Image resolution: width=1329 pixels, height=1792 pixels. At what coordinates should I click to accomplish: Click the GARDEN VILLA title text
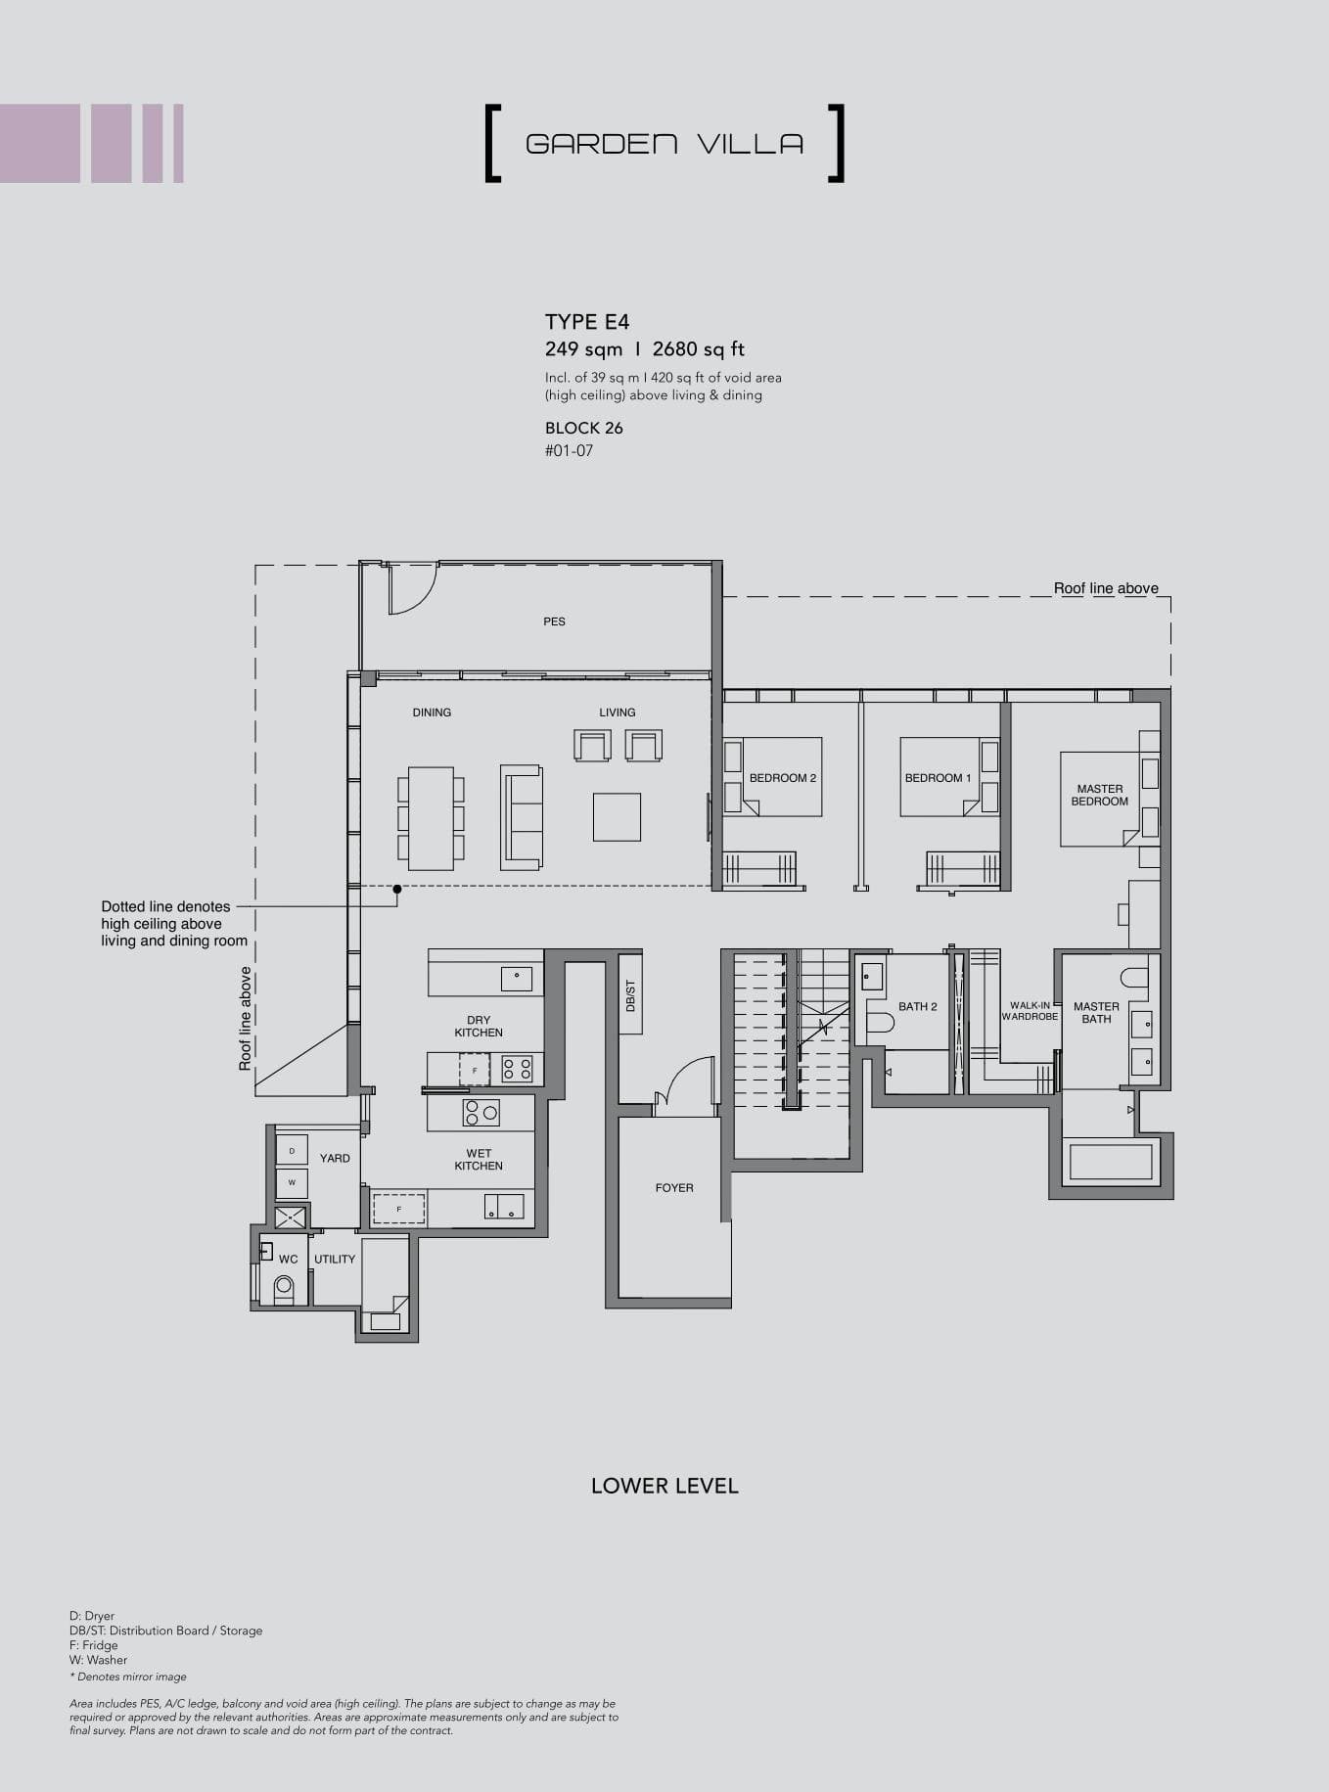(x=664, y=144)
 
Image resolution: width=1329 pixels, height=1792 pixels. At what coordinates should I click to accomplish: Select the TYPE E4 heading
(x=587, y=322)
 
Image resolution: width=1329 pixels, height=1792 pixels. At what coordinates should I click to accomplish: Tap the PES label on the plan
(x=554, y=621)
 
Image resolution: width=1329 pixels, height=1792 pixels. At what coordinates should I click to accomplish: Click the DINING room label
(x=432, y=712)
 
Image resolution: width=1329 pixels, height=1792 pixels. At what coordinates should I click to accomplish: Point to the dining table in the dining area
(x=431, y=818)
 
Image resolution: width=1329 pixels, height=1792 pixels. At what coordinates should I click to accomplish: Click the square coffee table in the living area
(x=617, y=817)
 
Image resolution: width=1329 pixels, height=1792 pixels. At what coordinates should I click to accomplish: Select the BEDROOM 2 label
(x=782, y=778)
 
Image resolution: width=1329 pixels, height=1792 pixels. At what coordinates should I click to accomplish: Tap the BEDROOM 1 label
(x=938, y=778)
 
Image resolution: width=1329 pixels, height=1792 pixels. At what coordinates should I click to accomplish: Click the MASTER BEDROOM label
(x=1099, y=795)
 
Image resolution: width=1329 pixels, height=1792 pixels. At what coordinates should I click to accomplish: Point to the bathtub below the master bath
(x=1111, y=1162)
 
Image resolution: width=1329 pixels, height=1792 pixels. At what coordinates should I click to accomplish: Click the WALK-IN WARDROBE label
(x=1030, y=1011)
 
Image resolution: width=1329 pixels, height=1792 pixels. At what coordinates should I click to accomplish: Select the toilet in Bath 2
(x=880, y=1023)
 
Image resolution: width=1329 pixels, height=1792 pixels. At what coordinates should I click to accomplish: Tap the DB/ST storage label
(x=631, y=995)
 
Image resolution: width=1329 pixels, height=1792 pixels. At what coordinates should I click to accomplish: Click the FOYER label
(x=674, y=1188)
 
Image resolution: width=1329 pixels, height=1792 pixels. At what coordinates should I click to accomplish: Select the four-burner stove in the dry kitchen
(x=517, y=1069)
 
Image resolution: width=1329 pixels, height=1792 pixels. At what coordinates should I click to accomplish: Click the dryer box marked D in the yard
(x=292, y=1150)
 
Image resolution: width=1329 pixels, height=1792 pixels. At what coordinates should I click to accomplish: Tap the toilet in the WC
(x=284, y=1287)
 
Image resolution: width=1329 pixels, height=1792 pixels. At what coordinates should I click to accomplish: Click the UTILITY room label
(x=335, y=1260)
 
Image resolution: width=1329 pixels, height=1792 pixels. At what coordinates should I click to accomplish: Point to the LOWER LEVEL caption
(x=664, y=1486)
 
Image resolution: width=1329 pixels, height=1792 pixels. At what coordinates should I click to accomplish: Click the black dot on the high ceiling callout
(x=397, y=890)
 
